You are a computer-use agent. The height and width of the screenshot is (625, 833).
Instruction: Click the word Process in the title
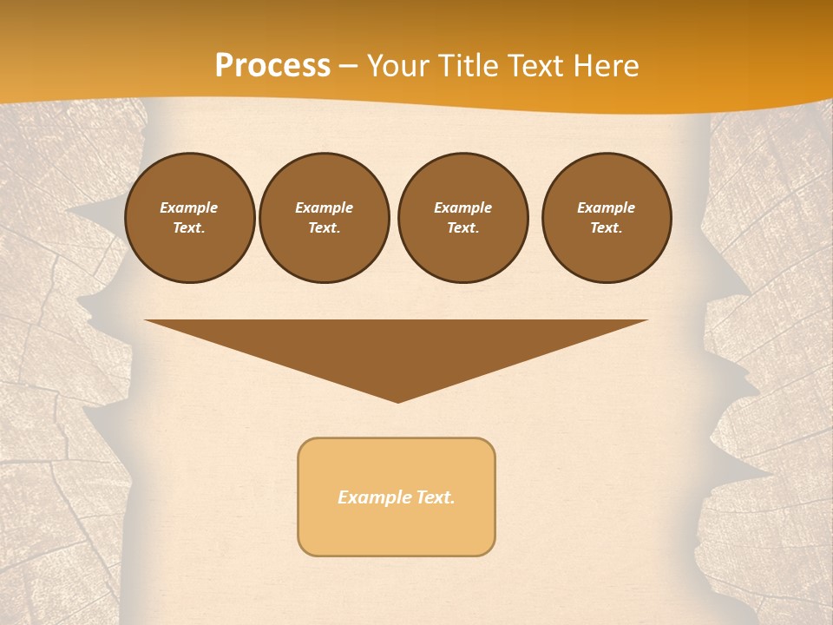(272, 66)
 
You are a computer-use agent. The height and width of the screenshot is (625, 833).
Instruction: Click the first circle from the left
(190, 218)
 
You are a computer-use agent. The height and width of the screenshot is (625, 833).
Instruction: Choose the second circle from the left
(325, 218)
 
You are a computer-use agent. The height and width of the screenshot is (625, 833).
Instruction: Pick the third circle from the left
(463, 218)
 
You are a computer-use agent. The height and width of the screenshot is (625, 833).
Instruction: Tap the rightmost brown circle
(607, 218)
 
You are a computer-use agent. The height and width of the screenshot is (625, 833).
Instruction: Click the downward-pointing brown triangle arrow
(397, 347)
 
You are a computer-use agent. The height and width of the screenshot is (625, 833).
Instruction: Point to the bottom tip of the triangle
(397, 401)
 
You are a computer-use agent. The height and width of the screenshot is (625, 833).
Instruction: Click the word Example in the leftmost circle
(189, 207)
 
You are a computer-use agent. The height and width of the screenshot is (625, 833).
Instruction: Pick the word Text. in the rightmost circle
(607, 228)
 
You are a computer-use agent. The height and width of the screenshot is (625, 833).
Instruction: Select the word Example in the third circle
(463, 207)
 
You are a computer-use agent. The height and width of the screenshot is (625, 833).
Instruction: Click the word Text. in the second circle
(325, 228)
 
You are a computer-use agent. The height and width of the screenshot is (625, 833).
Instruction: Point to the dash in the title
(349, 66)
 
